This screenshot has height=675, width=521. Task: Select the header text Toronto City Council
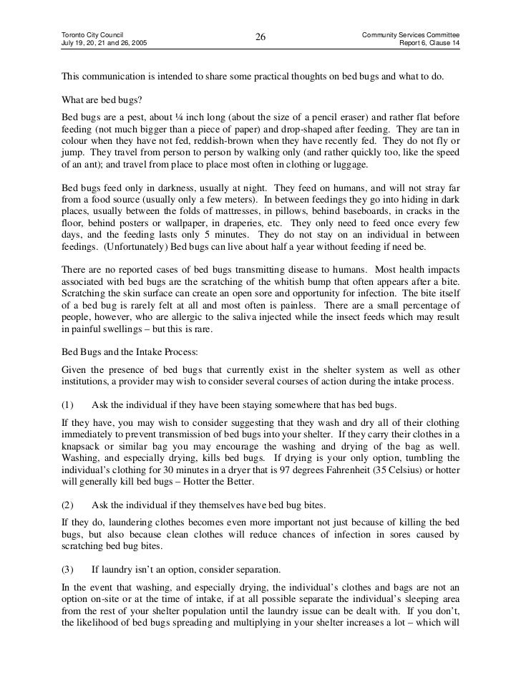pyautogui.click(x=92, y=34)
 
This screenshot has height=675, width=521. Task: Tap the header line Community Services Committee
pyautogui.click(x=411, y=34)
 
